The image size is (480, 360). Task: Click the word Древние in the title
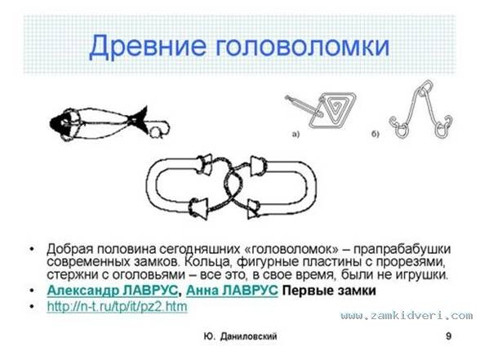pyautogui.click(x=148, y=47)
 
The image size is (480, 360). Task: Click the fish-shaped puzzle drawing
pyautogui.click(x=109, y=123)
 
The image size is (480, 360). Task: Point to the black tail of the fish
pyautogui.click(x=140, y=119)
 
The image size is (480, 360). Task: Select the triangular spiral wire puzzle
pyautogui.click(x=322, y=109)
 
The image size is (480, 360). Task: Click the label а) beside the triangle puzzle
pyautogui.click(x=296, y=134)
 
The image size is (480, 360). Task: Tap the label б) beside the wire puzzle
pyautogui.click(x=376, y=134)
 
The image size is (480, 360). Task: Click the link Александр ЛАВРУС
pyautogui.click(x=113, y=291)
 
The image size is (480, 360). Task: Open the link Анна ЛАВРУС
pyautogui.click(x=232, y=291)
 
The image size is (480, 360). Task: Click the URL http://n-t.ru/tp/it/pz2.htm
pyautogui.click(x=117, y=306)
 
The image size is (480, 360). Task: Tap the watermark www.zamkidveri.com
pyautogui.click(x=407, y=315)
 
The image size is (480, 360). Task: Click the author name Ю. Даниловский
pyautogui.click(x=240, y=336)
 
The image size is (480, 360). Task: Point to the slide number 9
pyautogui.click(x=448, y=336)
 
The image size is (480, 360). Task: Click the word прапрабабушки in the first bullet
pyautogui.click(x=402, y=250)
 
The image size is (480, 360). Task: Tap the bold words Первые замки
pyautogui.click(x=329, y=291)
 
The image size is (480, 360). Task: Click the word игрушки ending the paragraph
pyautogui.click(x=421, y=275)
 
